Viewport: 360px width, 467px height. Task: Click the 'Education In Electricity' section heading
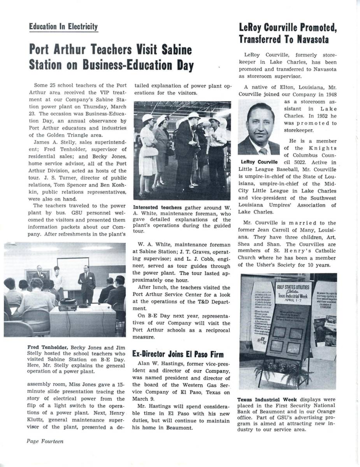[x=63, y=26]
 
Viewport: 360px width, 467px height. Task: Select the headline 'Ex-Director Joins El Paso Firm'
[x=178, y=354]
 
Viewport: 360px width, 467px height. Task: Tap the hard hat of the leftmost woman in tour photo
[x=147, y=118]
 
